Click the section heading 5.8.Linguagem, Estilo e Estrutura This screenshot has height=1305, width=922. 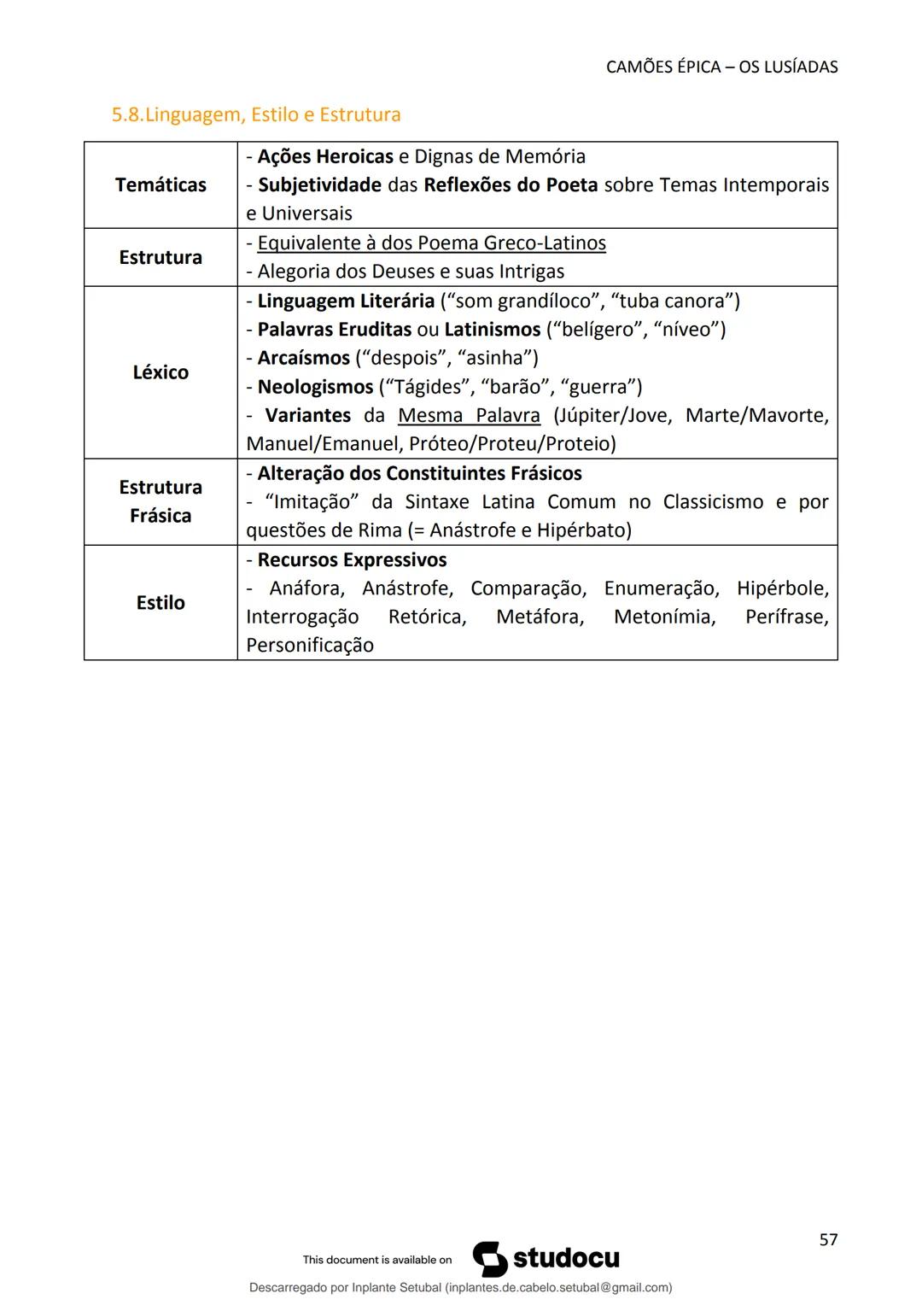256,114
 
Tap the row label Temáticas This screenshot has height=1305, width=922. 160,185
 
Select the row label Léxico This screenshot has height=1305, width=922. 160,372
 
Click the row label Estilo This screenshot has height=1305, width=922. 160,603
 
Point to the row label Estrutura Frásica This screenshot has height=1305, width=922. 160,501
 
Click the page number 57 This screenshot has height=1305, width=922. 828,1240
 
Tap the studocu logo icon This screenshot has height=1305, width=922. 490,1259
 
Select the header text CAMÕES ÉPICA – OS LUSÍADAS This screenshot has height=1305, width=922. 721,67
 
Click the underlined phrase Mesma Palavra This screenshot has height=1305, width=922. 469,416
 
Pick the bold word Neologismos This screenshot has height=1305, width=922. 315,387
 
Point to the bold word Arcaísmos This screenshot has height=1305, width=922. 303,358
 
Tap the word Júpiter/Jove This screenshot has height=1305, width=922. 612,416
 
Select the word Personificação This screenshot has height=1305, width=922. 310,645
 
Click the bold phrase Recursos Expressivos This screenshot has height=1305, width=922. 352,560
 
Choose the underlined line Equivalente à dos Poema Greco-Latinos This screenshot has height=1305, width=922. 431,243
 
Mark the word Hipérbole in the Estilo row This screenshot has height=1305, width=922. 782,588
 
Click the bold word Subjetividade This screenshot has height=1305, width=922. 319,185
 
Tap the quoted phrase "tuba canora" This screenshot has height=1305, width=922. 674,301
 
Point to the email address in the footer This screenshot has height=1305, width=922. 557,1287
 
